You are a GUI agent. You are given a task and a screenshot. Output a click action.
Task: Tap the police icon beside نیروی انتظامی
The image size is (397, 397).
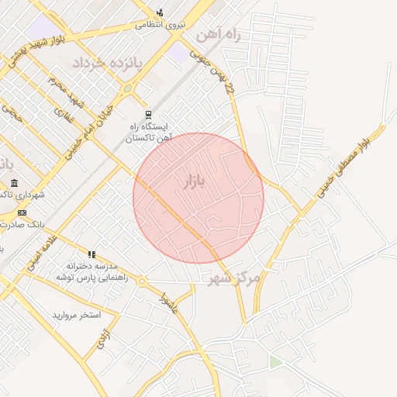pyautogui.click(x=160, y=12)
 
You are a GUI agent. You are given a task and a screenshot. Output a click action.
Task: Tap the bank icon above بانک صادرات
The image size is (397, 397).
pyautogui.click(x=22, y=212)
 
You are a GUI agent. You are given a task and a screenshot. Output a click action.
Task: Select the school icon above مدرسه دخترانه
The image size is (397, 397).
pyautogui.click(x=91, y=254)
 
